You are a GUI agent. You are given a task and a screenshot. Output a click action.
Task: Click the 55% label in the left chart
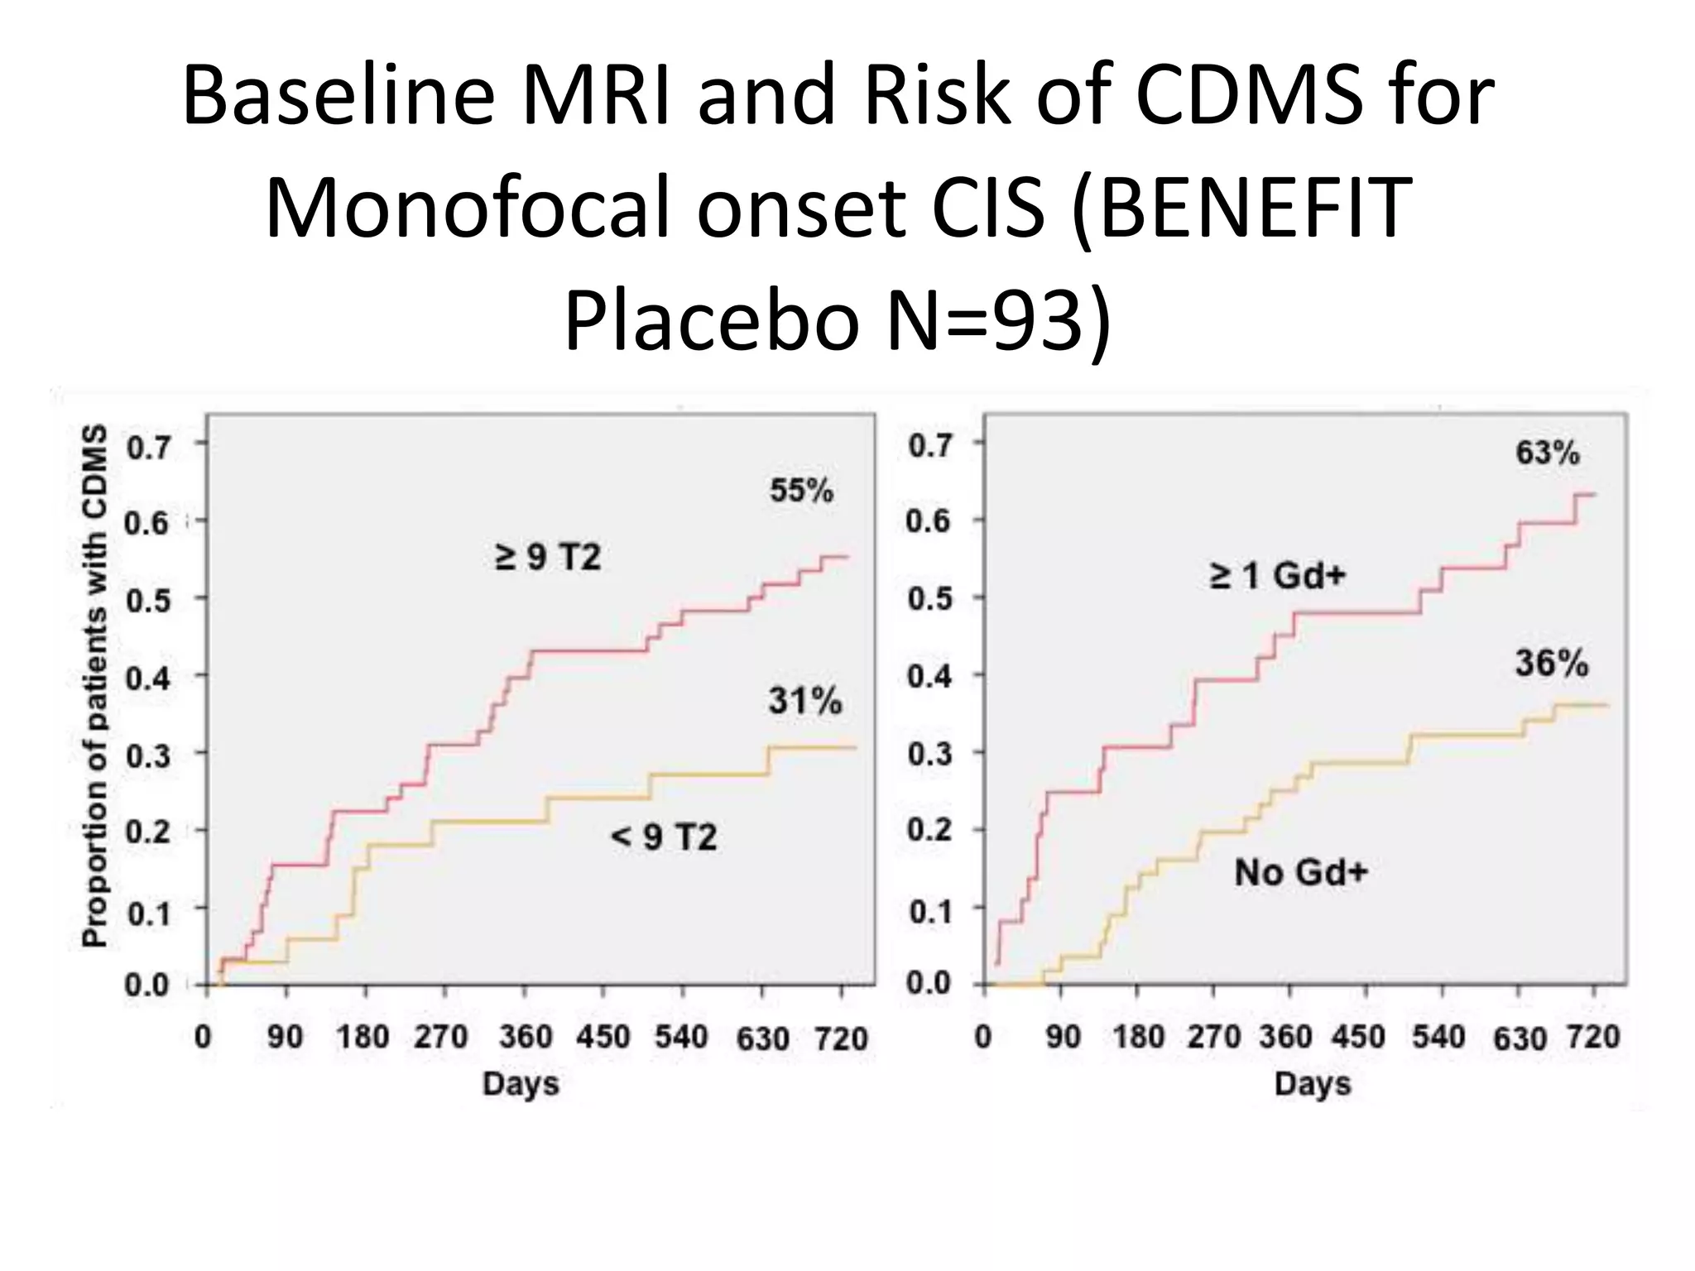click(801, 491)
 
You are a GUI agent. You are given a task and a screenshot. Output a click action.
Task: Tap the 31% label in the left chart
click(804, 701)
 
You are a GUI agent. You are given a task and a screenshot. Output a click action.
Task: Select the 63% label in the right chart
click(1547, 453)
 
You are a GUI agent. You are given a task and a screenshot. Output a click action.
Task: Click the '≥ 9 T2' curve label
click(547, 557)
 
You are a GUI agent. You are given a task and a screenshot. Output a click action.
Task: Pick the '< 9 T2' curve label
click(663, 837)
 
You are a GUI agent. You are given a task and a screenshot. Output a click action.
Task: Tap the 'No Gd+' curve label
click(1300, 872)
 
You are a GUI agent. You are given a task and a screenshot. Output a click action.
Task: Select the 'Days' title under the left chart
click(521, 1084)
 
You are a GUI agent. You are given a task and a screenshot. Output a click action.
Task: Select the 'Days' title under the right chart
click(1313, 1084)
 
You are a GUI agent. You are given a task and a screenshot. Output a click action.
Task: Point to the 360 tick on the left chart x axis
click(525, 1037)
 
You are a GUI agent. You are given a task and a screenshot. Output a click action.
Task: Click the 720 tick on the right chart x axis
click(1592, 1037)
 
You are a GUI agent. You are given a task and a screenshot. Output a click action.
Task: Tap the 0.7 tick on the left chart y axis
click(148, 448)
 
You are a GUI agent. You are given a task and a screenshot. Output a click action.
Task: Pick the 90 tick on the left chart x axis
click(285, 1037)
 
